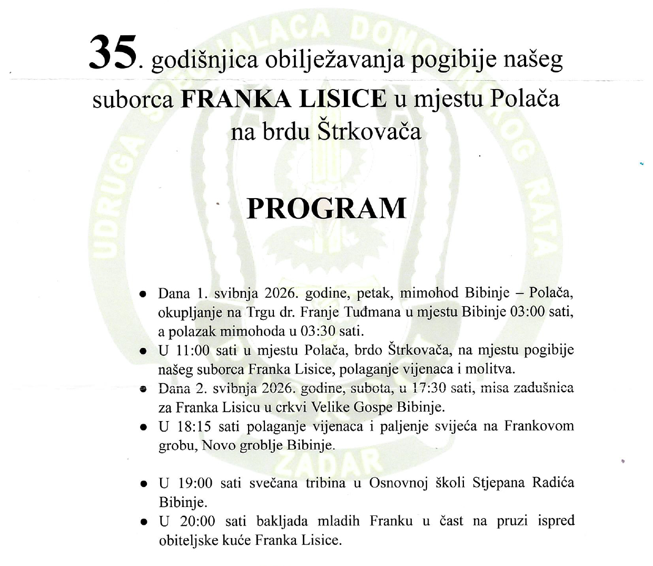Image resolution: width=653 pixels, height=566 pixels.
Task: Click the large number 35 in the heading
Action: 113,53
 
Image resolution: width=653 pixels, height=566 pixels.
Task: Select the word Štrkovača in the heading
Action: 370,132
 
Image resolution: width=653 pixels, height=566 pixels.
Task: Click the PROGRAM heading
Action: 326,209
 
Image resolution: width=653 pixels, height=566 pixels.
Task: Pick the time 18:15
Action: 198,426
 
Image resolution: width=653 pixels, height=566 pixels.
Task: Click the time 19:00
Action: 198,483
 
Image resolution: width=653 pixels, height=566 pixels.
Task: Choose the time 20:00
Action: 198,521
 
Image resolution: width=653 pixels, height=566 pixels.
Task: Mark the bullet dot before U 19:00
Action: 143,484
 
